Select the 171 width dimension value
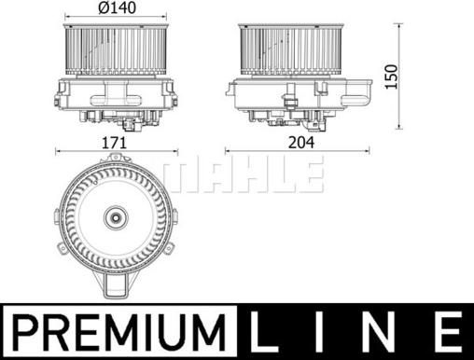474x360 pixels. coord(116,145)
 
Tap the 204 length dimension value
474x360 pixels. coord(297,145)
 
